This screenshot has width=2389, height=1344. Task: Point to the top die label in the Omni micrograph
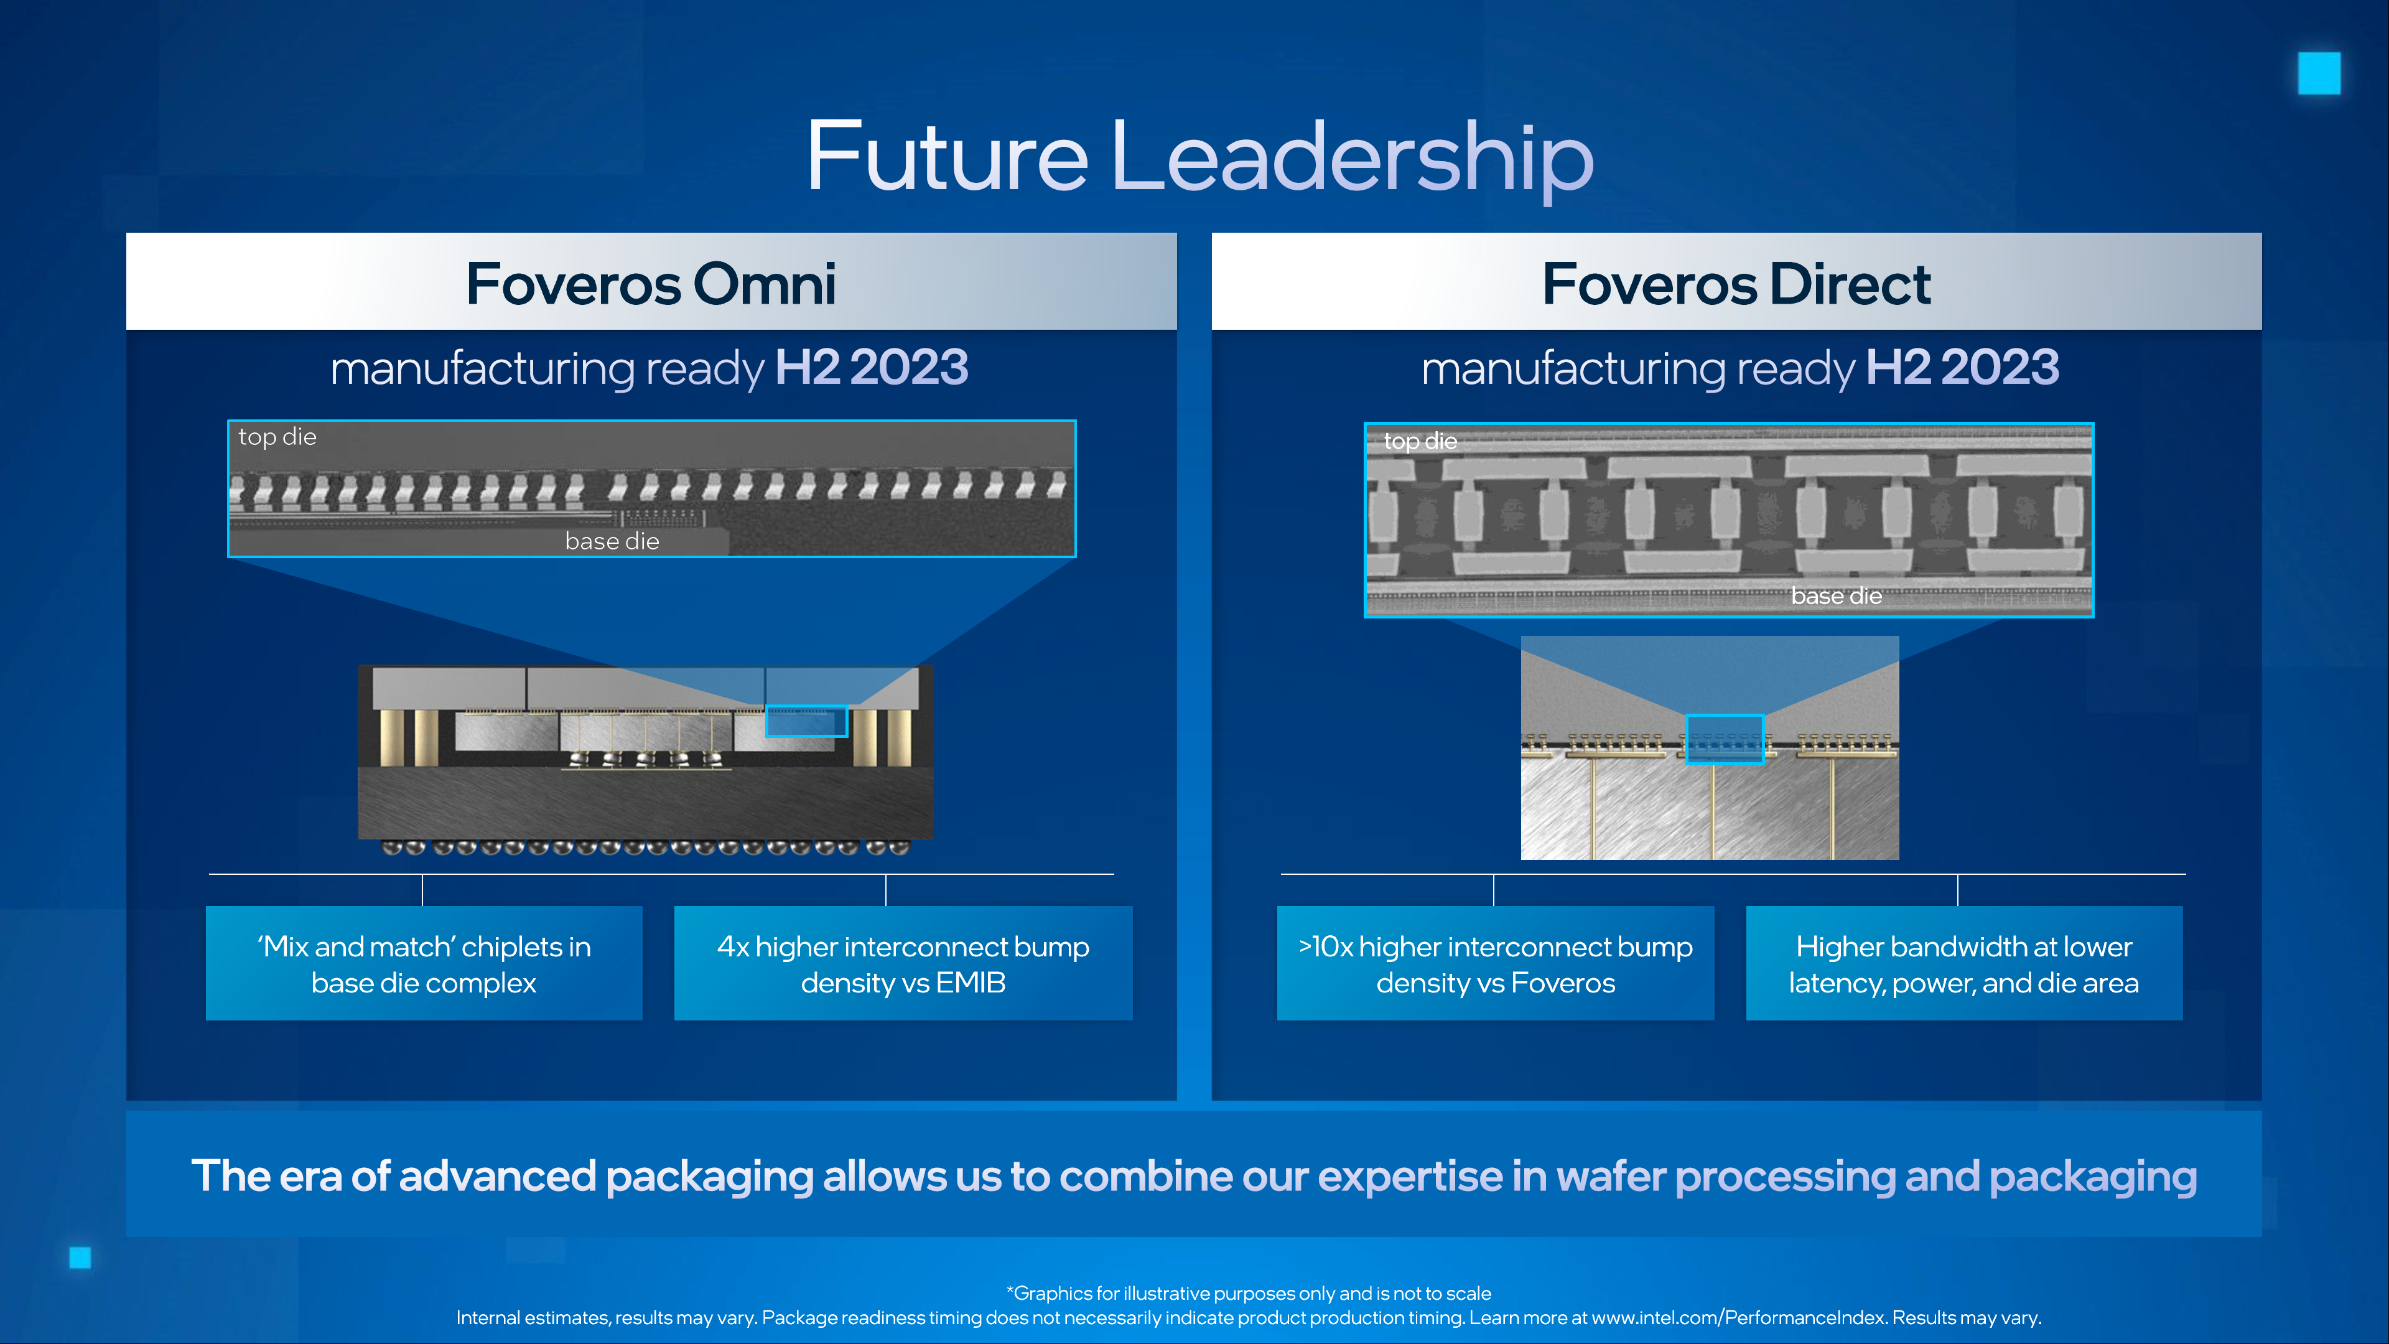(277, 437)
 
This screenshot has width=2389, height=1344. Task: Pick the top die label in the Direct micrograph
(1420, 442)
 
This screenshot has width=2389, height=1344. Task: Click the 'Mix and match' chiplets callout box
(424, 963)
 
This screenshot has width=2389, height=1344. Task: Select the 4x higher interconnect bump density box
(903, 963)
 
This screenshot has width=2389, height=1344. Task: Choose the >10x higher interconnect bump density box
(1495, 963)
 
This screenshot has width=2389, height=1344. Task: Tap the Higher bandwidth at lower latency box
(1964, 963)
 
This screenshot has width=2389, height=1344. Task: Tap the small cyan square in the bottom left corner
(81, 1258)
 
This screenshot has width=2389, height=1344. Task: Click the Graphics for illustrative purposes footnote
(1249, 1293)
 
